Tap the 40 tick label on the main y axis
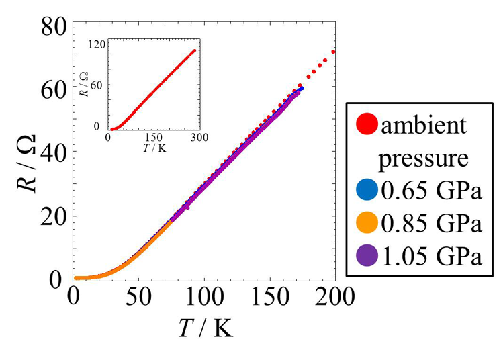[x=52, y=154]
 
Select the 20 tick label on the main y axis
[x=52, y=217]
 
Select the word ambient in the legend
[x=425, y=126]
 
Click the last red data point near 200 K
[x=333, y=52]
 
